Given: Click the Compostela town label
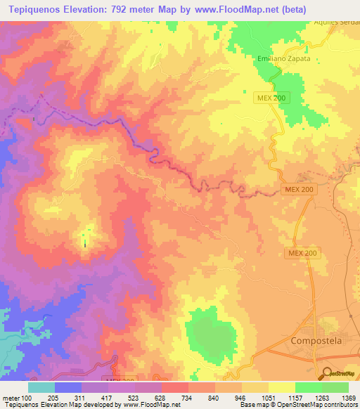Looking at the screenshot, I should (x=316, y=340).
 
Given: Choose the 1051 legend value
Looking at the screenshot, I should (x=269, y=398).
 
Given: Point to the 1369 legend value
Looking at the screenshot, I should (x=347, y=398).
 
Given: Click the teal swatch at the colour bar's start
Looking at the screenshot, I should (x=41, y=387).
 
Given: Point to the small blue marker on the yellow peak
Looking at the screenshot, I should (x=86, y=243).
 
